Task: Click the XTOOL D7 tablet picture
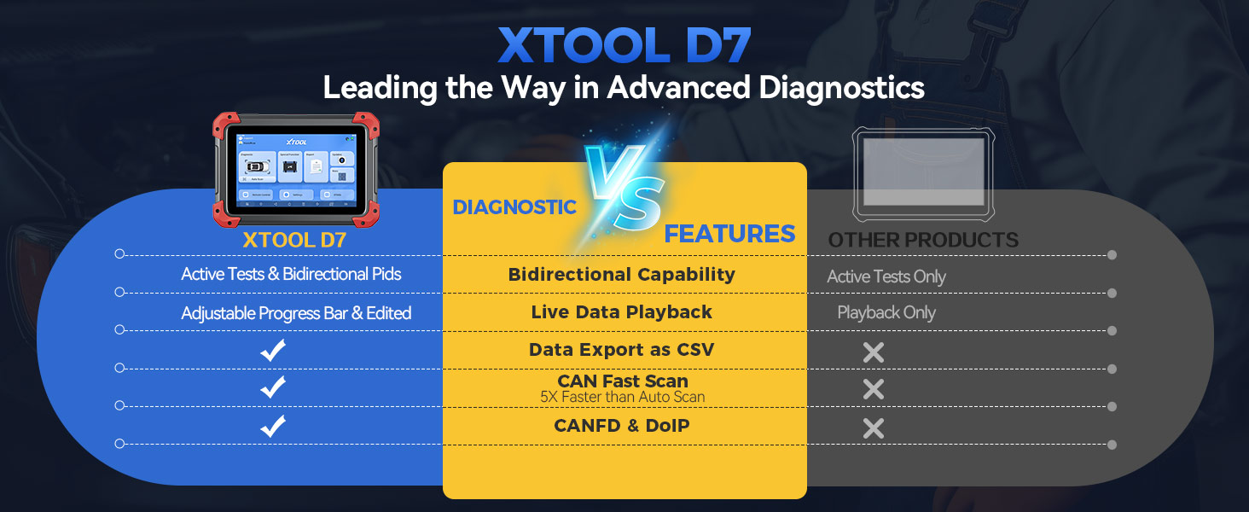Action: [296, 171]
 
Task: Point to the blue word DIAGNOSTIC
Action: [514, 207]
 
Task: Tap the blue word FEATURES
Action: [729, 234]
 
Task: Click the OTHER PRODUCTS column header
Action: [923, 240]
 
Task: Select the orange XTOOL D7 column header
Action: [294, 240]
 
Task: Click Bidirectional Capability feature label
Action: [621, 274]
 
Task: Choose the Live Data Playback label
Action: [621, 312]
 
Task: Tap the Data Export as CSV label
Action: [621, 350]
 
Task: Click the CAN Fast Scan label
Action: [623, 381]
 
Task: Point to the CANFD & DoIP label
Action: [621, 426]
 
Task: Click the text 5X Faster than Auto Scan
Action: [623, 397]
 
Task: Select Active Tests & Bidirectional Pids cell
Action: [291, 274]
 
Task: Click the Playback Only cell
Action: [886, 312]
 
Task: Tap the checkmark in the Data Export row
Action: [273, 350]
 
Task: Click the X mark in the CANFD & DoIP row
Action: [873, 428]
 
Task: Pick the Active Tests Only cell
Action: [886, 276]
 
